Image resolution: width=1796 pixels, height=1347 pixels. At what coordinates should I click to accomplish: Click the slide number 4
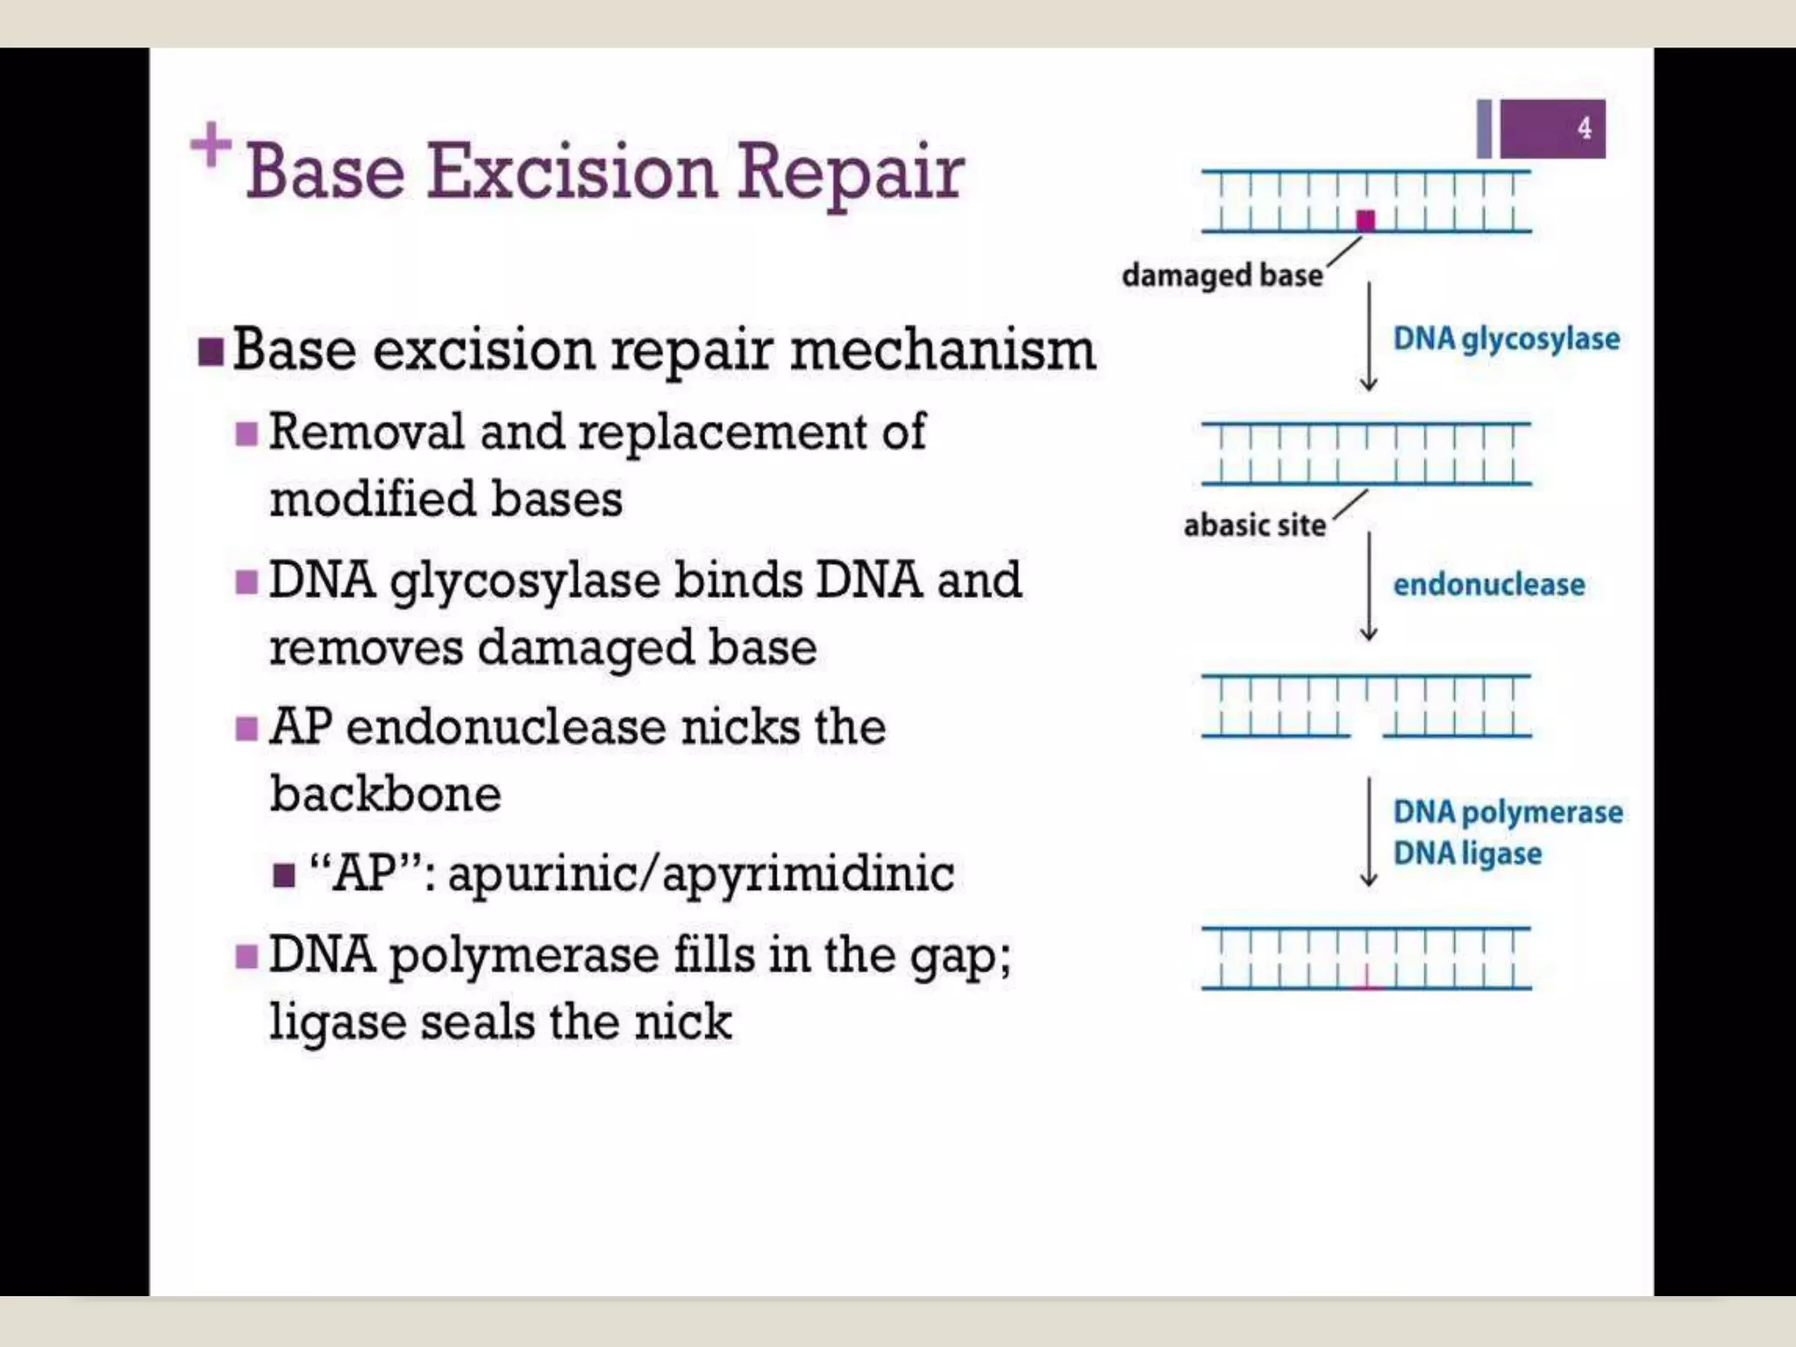(x=1584, y=128)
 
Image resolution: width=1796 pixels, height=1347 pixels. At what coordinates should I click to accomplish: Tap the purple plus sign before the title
(x=210, y=145)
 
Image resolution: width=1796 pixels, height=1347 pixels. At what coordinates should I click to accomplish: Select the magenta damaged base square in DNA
(x=1365, y=219)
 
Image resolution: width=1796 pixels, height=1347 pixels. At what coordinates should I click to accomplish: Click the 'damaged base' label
(x=1222, y=275)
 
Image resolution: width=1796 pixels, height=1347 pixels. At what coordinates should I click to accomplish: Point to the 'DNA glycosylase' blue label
(x=1506, y=339)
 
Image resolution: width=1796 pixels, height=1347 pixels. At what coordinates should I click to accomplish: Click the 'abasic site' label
(x=1254, y=525)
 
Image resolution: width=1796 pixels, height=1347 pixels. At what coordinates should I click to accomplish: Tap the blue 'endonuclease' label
(x=1488, y=584)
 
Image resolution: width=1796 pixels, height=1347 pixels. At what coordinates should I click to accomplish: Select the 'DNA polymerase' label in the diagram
(x=1507, y=812)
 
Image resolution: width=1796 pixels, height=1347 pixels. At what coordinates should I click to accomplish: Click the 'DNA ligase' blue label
(x=1467, y=853)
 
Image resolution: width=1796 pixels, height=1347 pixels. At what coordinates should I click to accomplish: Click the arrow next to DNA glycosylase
(x=1368, y=337)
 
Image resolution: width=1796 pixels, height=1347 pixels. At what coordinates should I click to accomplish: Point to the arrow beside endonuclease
(x=1368, y=586)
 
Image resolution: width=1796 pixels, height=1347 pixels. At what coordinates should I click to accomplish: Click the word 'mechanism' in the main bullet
(x=943, y=350)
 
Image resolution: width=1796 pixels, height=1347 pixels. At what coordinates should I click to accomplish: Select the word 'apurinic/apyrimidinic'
(x=701, y=873)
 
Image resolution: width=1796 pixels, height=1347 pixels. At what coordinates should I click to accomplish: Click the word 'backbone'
(x=385, y=794)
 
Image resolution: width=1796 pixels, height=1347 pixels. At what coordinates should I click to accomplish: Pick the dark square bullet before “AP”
(x=283, y=875)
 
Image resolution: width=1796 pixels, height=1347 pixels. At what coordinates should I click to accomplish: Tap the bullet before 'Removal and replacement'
(x=246, y=433)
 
